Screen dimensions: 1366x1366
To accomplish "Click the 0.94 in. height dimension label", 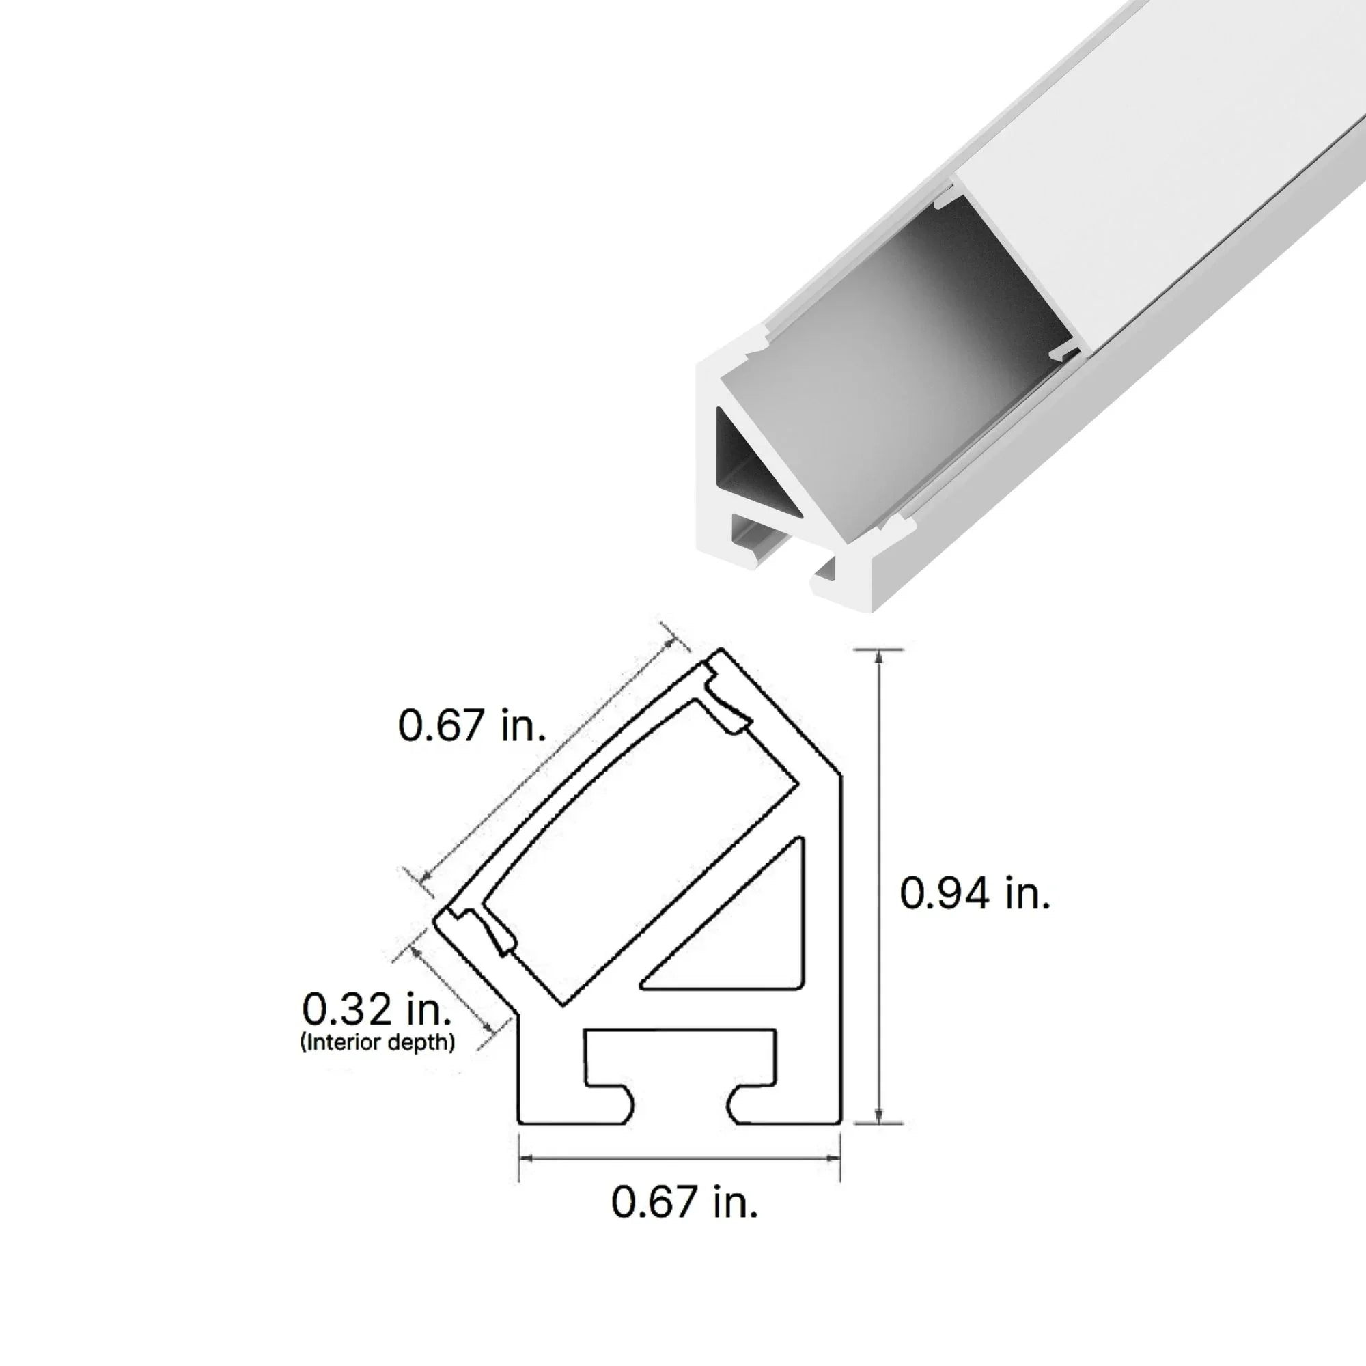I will click(x=975, y=893).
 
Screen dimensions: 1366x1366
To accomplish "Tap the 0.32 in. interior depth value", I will click(x=376, y=1009).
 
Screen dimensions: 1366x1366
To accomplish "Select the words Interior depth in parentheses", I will click(x=378, y=1042).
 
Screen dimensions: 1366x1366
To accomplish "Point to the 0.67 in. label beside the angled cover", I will click(x=471, y=725).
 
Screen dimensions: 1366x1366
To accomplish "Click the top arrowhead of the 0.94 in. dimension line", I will click(x=878, y=656).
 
